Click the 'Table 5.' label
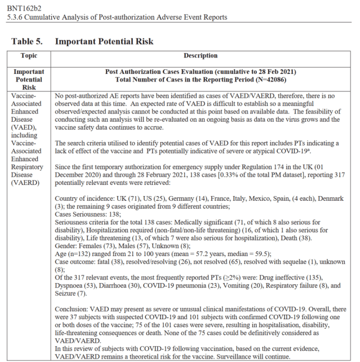pos(28,42)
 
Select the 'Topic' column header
pos(29,56)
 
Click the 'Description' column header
pos(201,56)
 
